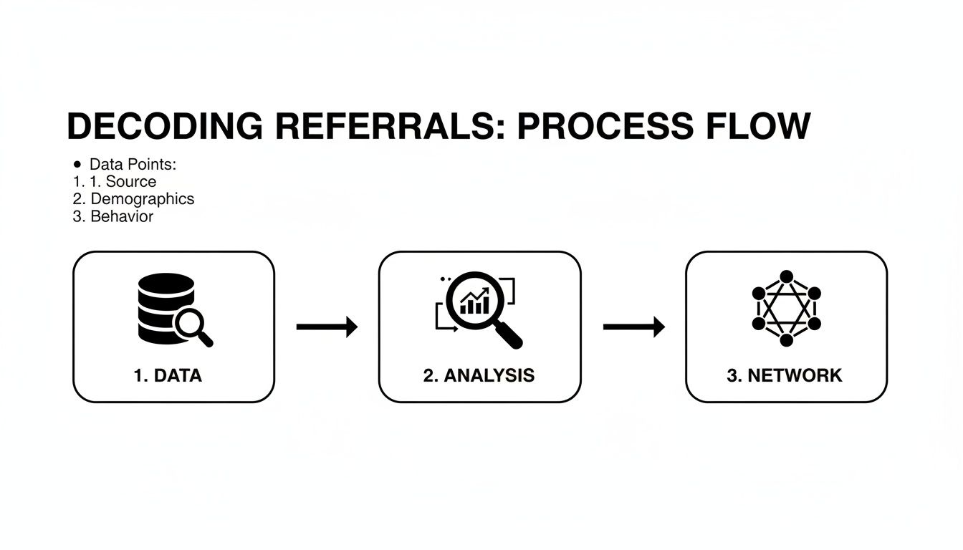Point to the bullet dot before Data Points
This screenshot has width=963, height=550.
[77, 165]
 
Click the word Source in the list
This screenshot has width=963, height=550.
[131, 182]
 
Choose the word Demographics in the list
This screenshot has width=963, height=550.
[143, 199]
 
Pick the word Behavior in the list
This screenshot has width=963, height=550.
[123, 216]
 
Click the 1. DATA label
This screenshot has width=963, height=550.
[168, 375]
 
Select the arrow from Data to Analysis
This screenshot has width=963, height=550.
[327, 327]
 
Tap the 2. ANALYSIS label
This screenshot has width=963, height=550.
[479, 375]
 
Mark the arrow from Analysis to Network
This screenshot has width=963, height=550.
[633, 327]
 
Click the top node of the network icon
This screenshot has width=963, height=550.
[787, 276]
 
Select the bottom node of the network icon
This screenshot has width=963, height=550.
[787, 339]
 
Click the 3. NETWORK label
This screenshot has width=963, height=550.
[785, 375]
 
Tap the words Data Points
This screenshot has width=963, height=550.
[133, 165]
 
